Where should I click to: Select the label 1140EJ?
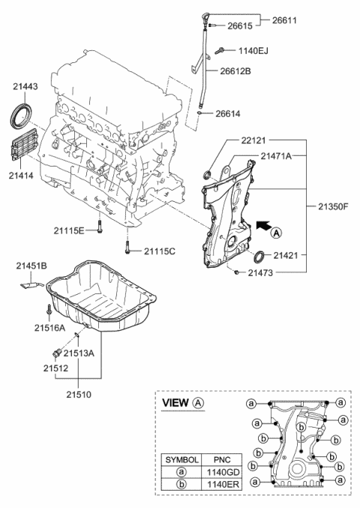pyautogui.click(x=253, y=50)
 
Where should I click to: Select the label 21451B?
pyautogui.click(x=31, y=265)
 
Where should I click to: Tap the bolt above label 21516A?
pyautogui.click(x=47, y=310)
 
